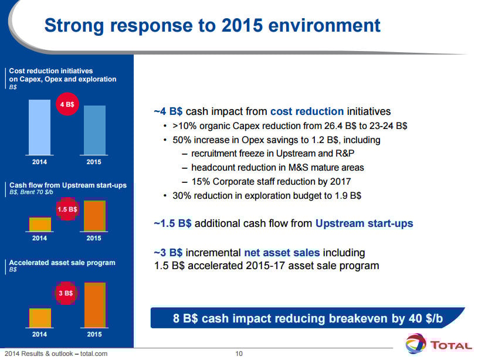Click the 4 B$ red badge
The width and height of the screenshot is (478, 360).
(69, 104)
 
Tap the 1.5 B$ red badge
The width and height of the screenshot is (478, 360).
(67, 209)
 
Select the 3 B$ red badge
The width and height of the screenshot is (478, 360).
(65, 292)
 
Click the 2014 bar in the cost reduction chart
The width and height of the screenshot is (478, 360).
(39, 126)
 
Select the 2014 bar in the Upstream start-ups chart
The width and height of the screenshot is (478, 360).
(40, 224)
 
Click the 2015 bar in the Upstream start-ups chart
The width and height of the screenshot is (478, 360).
(94, 216)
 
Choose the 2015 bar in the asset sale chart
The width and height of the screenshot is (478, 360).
(94, 304)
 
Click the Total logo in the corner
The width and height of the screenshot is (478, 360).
(439, 344)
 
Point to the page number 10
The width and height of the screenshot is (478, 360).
(239, 354)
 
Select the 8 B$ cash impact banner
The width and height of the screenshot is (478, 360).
(308, 318)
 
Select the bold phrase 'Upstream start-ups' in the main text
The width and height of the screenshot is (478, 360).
(364, 223)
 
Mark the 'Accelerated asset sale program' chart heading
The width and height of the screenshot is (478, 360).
(62, 263)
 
